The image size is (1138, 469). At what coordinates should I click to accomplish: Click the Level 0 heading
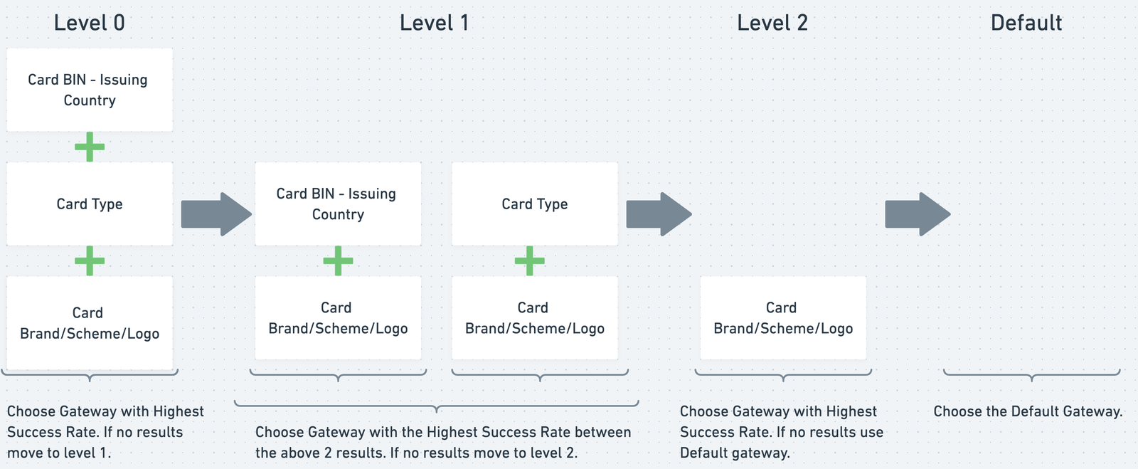click(x=90, y=23)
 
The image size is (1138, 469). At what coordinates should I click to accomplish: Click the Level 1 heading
click(x=434, y=23)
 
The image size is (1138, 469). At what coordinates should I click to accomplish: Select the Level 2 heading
click(x=772, y=23)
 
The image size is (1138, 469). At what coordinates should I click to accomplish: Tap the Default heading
click(x=1026, y=23)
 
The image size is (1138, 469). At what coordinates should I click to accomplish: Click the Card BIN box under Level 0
click(x=90, y=90)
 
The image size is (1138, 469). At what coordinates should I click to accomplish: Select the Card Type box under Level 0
click(x=90, y=204)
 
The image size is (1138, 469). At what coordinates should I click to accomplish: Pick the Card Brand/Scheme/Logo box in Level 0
click(x=90, y=323)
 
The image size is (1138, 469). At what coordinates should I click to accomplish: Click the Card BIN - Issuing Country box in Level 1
click(x=338, y=204)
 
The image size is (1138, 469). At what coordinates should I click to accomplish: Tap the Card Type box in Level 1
click(x=535, y=204)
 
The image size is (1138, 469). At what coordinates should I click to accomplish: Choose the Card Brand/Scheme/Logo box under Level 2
click(x=783, y=318)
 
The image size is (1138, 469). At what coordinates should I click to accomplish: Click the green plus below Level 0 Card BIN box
click(x=90, y=147)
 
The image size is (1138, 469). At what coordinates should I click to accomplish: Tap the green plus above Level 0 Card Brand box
click(x=90, y=261)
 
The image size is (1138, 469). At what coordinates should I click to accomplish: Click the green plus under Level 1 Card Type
click(x=530, y=261)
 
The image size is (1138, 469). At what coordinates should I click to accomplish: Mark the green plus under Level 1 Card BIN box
click(x=338, y=261)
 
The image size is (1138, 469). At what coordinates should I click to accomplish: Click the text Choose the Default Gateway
click(x=1028, y=411)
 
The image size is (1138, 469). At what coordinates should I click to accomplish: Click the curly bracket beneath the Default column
click(x=1031, y=374)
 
